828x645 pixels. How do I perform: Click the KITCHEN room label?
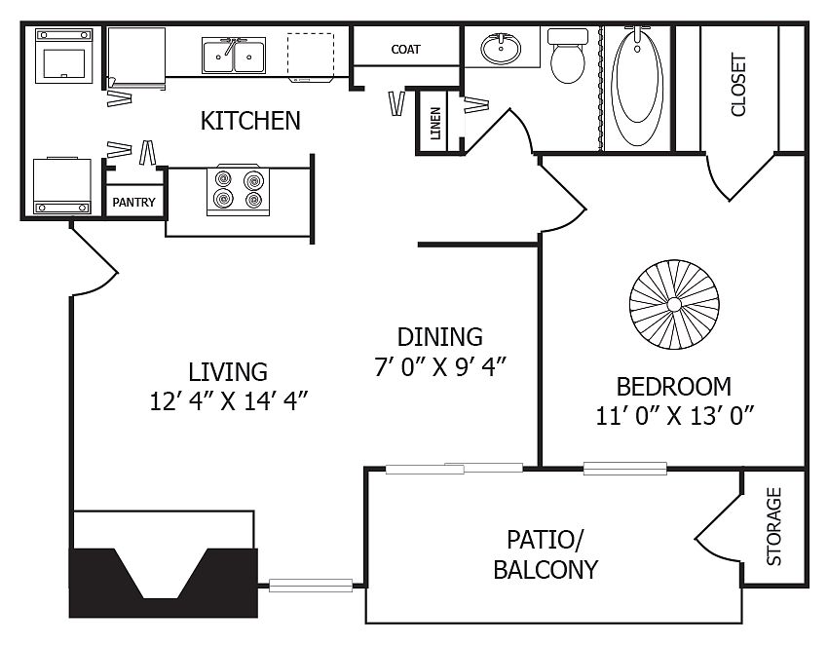click(250, 121)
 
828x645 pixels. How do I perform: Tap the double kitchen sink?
click(234, 56)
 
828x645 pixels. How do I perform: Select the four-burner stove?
click(239, 189)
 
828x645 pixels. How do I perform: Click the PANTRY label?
click(133, 203)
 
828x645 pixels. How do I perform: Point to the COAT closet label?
click(405, 49)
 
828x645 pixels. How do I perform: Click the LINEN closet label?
click(433, 122)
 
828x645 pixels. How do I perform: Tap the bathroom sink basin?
click(502, 48)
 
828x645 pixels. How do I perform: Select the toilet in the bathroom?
click(566, 57)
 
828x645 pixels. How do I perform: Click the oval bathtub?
click(638, 89)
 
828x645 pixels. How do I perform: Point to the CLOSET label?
click(738, 84)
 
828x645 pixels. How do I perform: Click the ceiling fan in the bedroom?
click(674, 304)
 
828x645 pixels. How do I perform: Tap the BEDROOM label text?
click(674, 385)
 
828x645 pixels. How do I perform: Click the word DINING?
click(440, 337)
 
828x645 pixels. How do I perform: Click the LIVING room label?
click(228, 371)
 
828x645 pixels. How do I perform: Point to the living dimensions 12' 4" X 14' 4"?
click(228, 401)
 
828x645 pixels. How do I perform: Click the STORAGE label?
click(774, 526)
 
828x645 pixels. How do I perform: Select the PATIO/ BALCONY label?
click(546, 553)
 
